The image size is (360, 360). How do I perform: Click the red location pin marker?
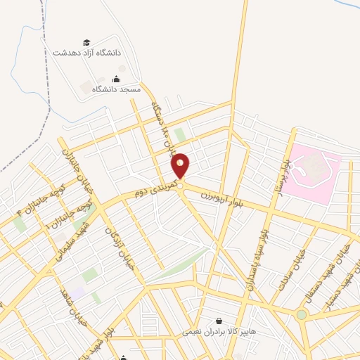click(181, 165)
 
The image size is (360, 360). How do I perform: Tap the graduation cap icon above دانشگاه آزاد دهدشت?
click(86, 43)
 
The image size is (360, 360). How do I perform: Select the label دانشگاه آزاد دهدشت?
click(86, 53)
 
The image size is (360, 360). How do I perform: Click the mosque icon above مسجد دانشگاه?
click(116, 79)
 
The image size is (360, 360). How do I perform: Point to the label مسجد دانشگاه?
click(116, 89)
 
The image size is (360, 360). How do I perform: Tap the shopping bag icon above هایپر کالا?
click(220, 321)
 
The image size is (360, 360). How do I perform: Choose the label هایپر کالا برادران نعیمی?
click(220, 330)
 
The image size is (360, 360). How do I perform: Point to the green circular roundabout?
click(302, 314)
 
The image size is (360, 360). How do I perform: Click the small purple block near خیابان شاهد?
click(76, 291)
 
